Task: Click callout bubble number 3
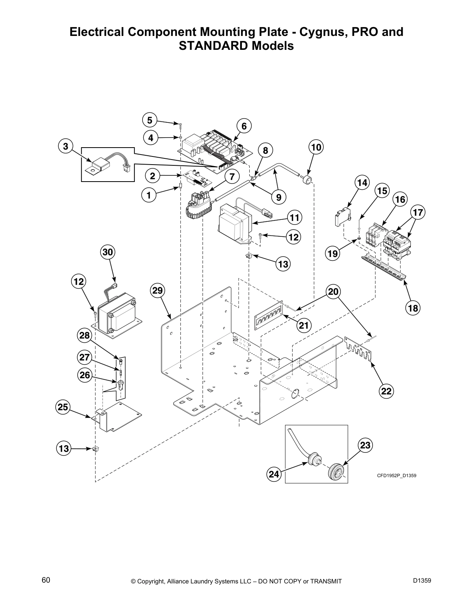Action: (x=65, y=146)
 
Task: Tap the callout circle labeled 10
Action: (x=316, y=147)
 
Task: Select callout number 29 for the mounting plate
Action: (x=158, y=290)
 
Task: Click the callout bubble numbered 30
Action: (x=108, y=252)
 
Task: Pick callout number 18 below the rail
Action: (x=413, y=308)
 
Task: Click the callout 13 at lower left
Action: (x=64, y=449)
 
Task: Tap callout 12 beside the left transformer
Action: (x=78, y=282)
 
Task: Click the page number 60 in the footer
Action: (x=46, y=580)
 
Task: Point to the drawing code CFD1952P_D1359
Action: (x=396, y=476)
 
